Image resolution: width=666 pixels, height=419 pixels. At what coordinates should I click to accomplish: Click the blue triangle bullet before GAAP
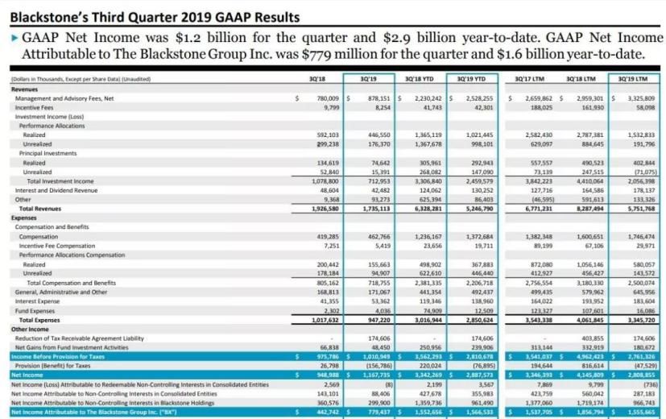click(x=14, y=38)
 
